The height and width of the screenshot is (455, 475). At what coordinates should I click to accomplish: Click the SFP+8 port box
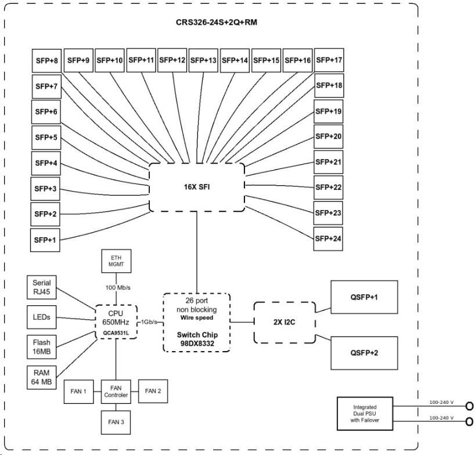coord(46,60)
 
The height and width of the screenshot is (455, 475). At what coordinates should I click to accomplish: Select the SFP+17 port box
coord(329,60)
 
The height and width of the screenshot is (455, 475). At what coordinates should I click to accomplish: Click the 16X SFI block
coord(197,187)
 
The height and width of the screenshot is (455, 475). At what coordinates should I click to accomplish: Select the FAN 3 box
coord(117,421)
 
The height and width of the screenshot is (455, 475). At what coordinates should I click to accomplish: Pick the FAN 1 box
coord(78,391)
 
